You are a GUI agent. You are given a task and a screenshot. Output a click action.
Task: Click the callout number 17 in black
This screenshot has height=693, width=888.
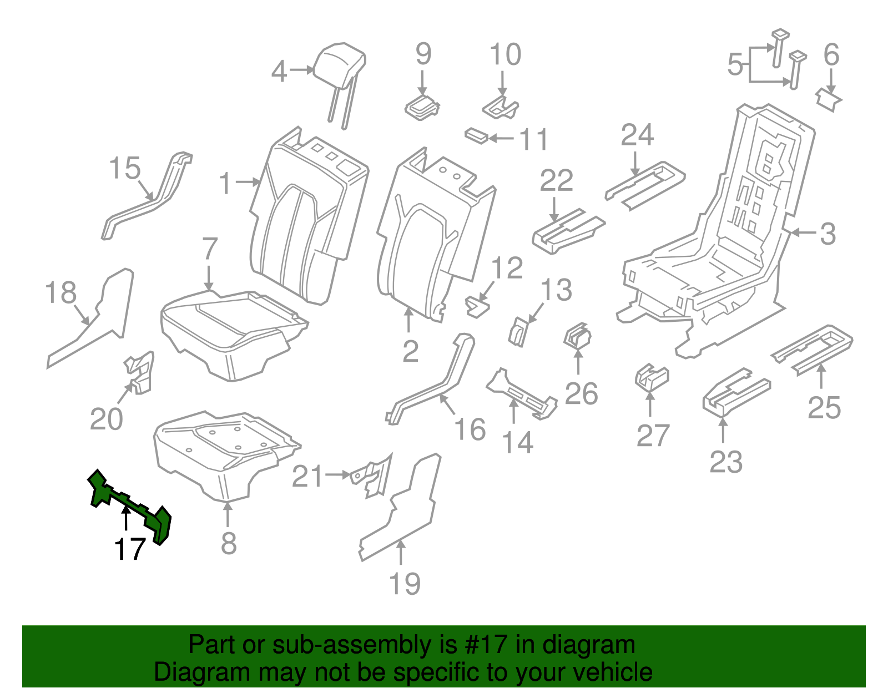click(x=130, y=549)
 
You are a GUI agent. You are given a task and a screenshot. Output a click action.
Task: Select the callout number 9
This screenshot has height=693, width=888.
click(x=423, y=54)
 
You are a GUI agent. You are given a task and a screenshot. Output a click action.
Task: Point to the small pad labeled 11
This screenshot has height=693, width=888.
click(x=476, y=135)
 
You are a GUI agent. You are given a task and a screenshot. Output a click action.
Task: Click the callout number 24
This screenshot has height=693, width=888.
click(x=637, y=135)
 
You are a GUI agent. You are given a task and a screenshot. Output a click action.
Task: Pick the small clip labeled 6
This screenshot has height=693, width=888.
click(x=829, y=99)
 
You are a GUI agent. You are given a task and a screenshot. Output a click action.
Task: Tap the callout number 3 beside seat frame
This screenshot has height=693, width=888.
click(x=828, y=234)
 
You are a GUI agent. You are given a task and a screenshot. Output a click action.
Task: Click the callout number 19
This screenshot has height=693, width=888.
click(x=405, y=584)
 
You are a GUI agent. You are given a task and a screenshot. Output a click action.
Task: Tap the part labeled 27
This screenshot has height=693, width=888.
click(x=652, y=377)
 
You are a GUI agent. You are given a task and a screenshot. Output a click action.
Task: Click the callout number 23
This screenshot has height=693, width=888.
click(x=725, y=461)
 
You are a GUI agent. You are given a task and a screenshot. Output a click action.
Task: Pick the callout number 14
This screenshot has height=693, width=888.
click(x=517, y=442)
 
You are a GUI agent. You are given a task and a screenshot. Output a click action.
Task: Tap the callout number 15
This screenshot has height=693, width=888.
click(x=124, y=168)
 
